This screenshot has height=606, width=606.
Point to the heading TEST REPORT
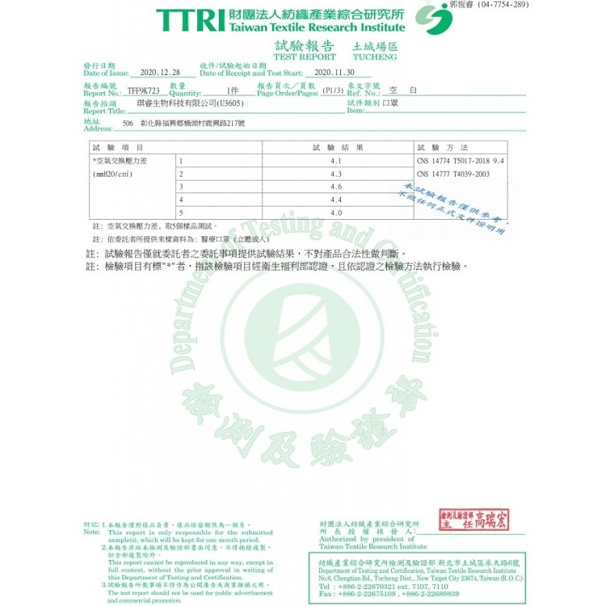(x=305, y=57)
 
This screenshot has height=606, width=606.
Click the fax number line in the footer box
(x=389, y=594)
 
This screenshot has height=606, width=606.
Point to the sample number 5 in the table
(x=182, y=213)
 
